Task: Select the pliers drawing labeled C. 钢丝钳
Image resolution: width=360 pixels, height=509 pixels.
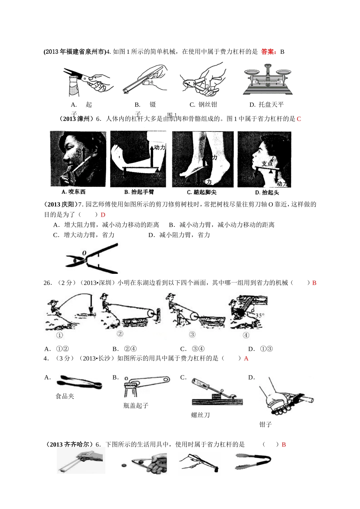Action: click(202, 80)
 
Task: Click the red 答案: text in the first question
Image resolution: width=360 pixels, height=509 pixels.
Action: click(269, 52)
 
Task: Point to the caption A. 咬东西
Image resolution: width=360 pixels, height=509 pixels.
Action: click(74, 192)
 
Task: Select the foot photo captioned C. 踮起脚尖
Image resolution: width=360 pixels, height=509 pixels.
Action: click(202, 159)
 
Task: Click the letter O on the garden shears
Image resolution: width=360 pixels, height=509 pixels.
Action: click(84, 253)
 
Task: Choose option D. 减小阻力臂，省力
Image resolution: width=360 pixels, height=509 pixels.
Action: click(179, 235)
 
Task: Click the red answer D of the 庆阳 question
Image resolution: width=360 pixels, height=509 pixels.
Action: click(103, 215)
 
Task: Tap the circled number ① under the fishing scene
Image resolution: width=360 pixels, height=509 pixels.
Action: click(59, 335)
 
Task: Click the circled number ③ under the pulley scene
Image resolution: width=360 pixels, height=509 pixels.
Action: click(192, 334)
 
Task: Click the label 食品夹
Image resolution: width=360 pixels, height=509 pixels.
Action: click(65, 397)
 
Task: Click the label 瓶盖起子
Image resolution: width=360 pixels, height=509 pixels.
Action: click(136, 406)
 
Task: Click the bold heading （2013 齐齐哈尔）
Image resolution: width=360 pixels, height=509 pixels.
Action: click(69, 445)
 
